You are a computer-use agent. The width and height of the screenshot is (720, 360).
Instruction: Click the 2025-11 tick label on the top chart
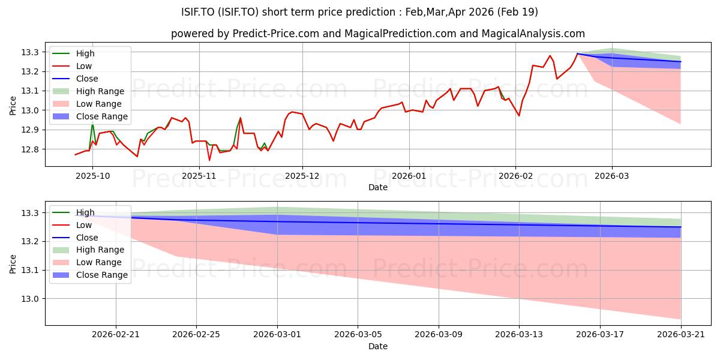tap(199, 176)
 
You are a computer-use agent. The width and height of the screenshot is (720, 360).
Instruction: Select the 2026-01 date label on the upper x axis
tap(409, 176)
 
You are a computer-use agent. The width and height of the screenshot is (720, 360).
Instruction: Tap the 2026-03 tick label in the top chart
tap(611, 176)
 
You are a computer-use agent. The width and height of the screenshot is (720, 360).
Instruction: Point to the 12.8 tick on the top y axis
tap(30, 149)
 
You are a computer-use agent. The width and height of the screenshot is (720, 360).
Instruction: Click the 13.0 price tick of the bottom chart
tap(30, 299)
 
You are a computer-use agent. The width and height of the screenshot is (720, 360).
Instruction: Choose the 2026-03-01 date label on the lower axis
tap(277, 335)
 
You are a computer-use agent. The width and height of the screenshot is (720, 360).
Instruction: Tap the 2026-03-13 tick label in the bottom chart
tap(519, 335)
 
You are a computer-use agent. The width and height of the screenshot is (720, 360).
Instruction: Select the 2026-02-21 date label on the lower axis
tap(116, 335)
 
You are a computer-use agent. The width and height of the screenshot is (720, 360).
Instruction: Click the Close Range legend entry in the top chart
tap(90, 116)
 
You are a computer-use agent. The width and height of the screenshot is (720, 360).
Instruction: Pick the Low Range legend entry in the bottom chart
tap(87, 262)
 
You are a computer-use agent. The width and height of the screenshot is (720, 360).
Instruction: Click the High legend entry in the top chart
tap(73, 53)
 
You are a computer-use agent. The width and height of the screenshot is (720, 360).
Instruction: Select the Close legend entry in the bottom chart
tap(75, 238)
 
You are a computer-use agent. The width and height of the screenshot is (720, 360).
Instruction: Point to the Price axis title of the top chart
tap(13, 106)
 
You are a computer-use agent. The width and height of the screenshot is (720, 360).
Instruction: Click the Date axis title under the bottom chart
tap(377, 346)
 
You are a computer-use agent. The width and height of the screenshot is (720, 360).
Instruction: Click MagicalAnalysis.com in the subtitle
tap(533, 34)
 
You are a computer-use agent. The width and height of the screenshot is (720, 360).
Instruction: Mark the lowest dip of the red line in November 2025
tap(209, 160)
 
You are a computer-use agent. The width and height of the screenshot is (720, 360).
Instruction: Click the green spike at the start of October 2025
tap(92, 124)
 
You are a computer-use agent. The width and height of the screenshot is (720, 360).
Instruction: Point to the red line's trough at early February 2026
tap(519, 116)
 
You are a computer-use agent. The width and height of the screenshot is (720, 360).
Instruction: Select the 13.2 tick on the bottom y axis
tap(30, 242)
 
